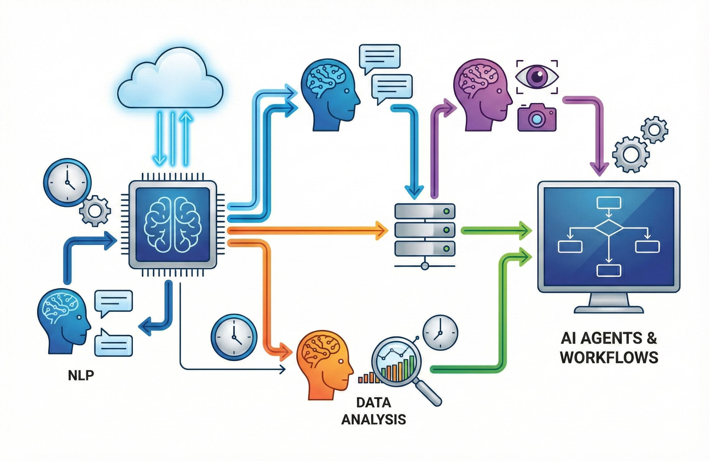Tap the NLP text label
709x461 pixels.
(81, 376)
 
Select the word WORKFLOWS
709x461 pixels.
(609, 357)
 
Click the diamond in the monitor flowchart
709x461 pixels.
(609, 229)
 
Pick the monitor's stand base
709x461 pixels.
(609, 310)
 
